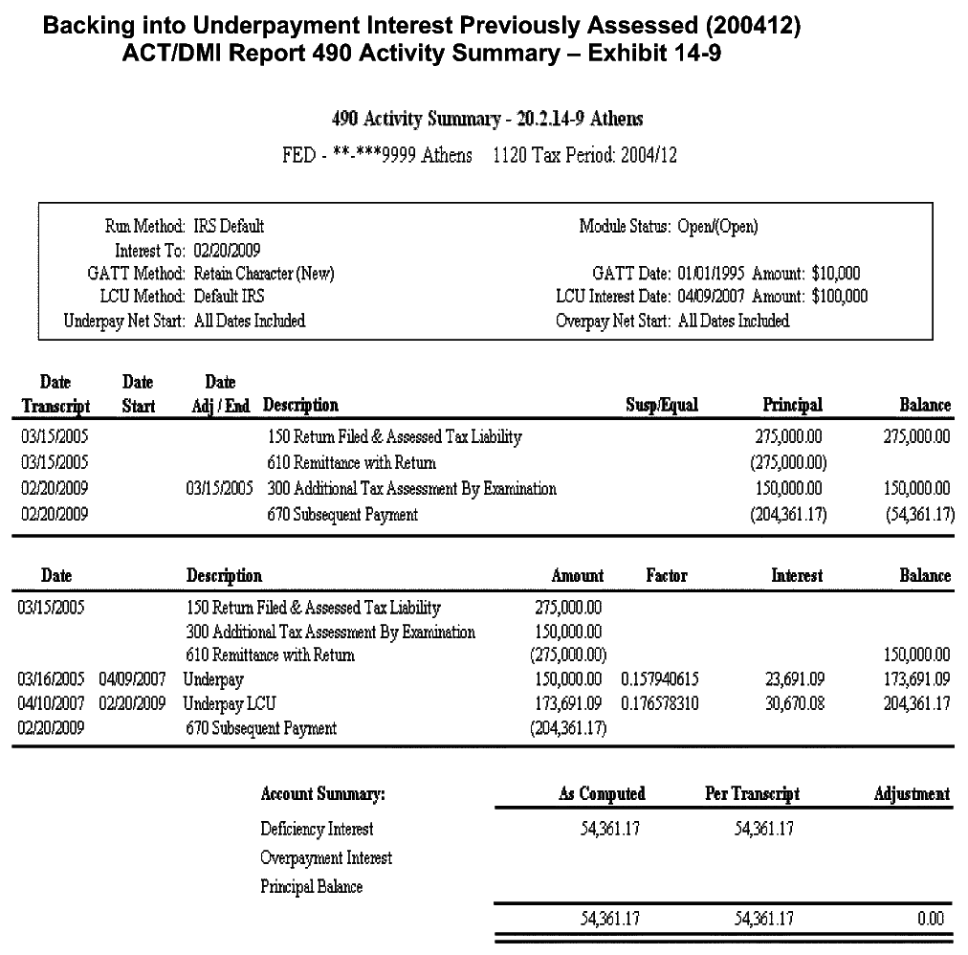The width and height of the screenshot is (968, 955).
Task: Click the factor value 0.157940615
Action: click(x=660, y=679)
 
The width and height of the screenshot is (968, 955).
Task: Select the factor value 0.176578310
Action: click(x=660, y=704)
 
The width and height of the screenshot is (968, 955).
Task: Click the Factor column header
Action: click(x=667, y=575)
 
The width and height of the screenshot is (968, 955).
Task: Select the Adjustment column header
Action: click(x=912, y=793)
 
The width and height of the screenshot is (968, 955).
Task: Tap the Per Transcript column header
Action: click(x=752, y=793)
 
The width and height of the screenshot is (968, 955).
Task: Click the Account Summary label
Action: click(x=323, y=794)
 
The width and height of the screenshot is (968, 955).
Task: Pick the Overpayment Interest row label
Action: click(x=326, y=857)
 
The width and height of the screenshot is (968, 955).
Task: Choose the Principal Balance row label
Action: click(x=312, y=886)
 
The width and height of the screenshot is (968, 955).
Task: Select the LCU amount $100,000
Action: click(x=839, y=296)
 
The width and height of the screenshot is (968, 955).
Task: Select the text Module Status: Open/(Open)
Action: click(x=669, y=227)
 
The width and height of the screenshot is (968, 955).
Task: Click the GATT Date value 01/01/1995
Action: click(x=713, y=273)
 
